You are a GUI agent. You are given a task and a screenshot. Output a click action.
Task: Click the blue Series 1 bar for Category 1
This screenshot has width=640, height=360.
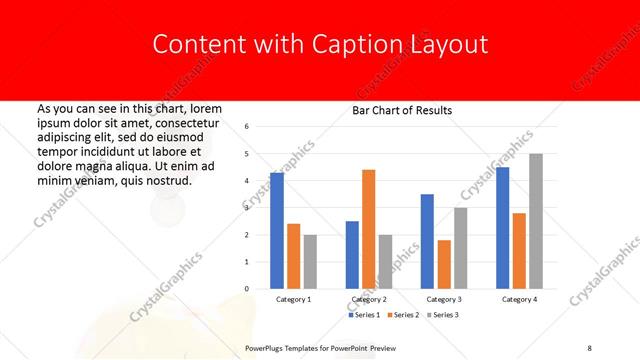(x=277, y=231)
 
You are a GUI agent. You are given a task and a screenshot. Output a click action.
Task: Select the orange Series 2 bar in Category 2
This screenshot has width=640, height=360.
(x=368, y=229)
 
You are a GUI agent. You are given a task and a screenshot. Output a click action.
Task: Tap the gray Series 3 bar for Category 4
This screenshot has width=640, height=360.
(x=536, y=221)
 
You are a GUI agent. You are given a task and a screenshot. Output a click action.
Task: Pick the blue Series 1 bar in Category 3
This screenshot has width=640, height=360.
(x=427, y=241)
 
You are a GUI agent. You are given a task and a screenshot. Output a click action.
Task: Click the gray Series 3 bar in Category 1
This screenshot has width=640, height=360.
(x=310, y=262)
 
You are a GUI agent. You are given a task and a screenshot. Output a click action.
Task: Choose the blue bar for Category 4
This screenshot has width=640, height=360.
(x=502, y=228)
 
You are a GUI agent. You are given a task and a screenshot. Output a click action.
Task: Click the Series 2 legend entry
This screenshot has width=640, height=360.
(x=404, y=315)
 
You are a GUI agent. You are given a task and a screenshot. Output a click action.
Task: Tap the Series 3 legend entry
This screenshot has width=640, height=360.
(x=443, y=315)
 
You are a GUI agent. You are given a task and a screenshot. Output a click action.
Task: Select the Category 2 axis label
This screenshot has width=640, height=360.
(x=368, y=299)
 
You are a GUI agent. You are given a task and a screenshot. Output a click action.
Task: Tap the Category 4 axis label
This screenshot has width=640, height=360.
(x=519, y=299)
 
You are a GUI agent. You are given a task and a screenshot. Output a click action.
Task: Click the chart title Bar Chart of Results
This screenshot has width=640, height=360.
(x=402, y=110)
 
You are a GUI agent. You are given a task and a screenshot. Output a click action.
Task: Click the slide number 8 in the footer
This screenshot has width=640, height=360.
(x=590, y=348)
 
